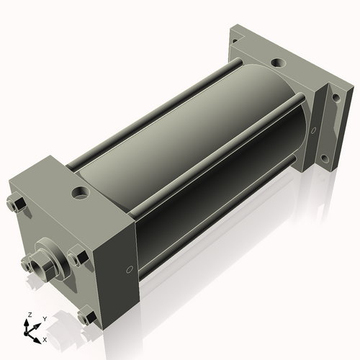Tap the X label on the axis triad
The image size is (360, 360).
[45, 338]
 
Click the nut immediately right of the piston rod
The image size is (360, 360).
[78, 255]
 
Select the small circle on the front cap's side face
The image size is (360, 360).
[129, 269]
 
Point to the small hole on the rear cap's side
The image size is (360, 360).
[313, 130]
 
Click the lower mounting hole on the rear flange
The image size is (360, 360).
[325, 158]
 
